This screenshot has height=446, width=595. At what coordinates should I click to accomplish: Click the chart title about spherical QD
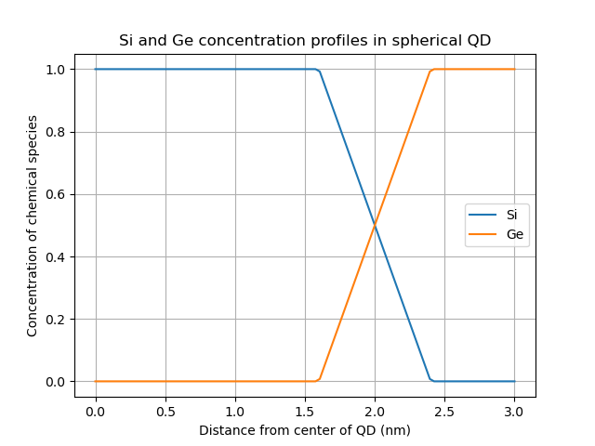(304, 41)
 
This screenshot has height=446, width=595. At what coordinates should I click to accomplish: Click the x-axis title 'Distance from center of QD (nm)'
(304, 430)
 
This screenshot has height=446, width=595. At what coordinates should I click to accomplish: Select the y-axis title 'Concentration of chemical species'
(33, 226)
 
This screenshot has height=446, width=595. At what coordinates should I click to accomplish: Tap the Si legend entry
(511, 215)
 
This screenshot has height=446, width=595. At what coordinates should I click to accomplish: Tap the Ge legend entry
(513, 235)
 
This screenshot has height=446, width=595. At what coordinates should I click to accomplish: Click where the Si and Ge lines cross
(375, 225)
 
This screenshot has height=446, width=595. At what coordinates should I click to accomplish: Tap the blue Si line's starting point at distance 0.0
(96, 69)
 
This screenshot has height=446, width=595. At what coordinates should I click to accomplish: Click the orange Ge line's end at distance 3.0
(514, 69)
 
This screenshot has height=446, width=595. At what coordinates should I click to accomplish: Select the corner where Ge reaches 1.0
(431, 70)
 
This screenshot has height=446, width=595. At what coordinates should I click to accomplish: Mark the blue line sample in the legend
(483, 215)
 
